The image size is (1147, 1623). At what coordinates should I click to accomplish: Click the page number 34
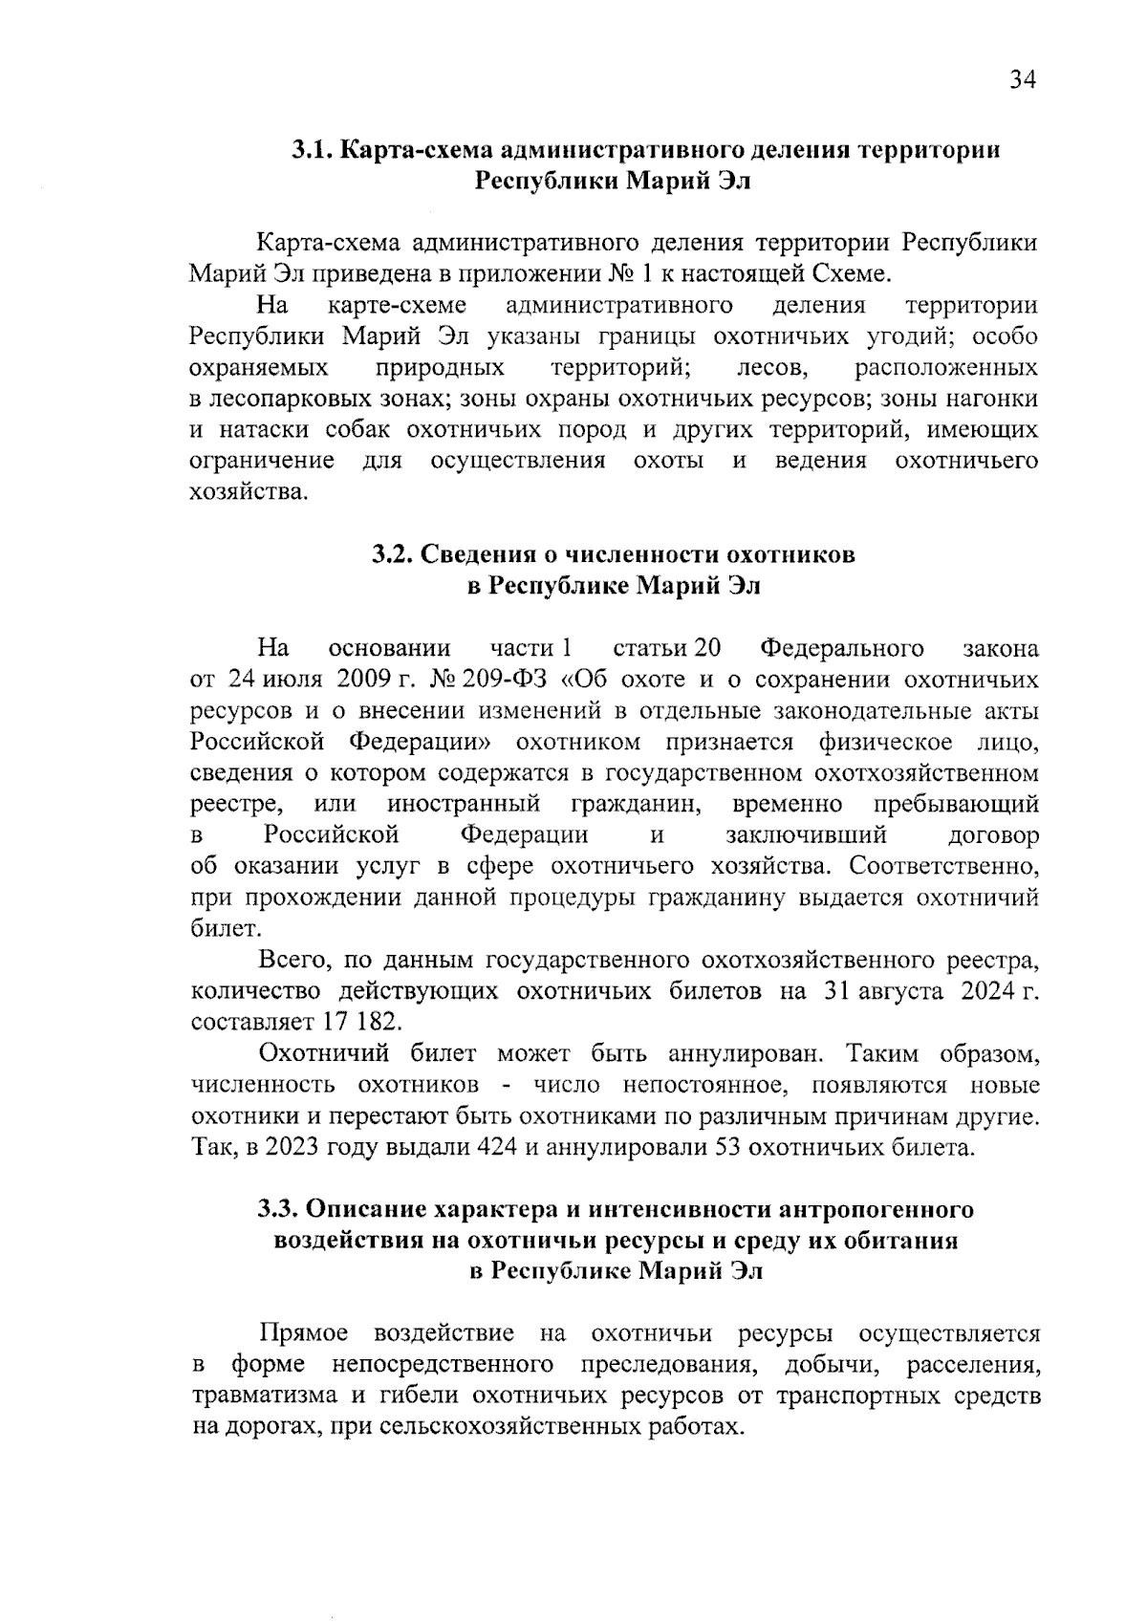pyautogui.click(x=1022, y=80)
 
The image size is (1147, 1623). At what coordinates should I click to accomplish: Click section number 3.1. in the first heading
pyautogui.click(x=312, y=150)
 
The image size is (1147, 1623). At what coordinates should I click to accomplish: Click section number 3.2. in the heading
pyautogui.click(x=392, y=554)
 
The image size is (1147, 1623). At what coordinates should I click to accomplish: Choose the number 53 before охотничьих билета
pyautogui.click(x=729, y=1147)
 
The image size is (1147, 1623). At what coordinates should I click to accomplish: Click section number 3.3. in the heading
pyautogui.click(x=277, y=1209)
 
